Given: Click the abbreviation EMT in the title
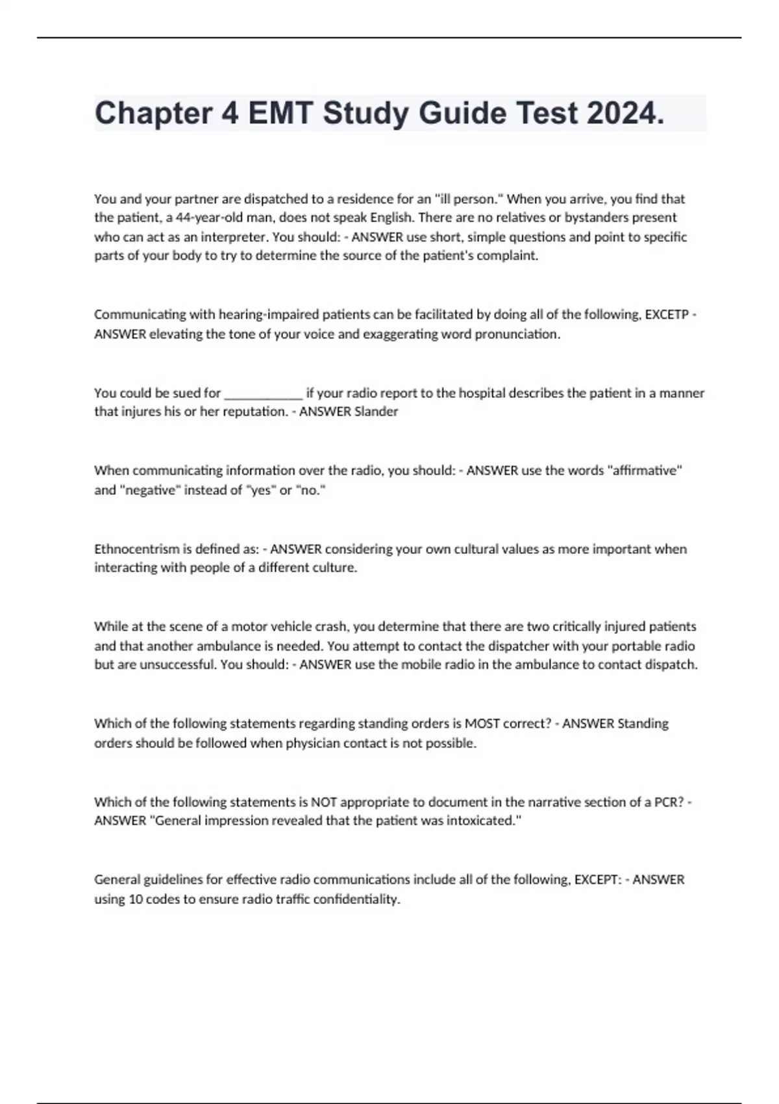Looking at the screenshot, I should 280,113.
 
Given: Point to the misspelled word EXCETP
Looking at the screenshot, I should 667,315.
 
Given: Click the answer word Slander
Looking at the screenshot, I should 373,412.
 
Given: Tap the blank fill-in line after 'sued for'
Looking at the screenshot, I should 263,394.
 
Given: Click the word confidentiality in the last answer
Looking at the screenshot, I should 356,899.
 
